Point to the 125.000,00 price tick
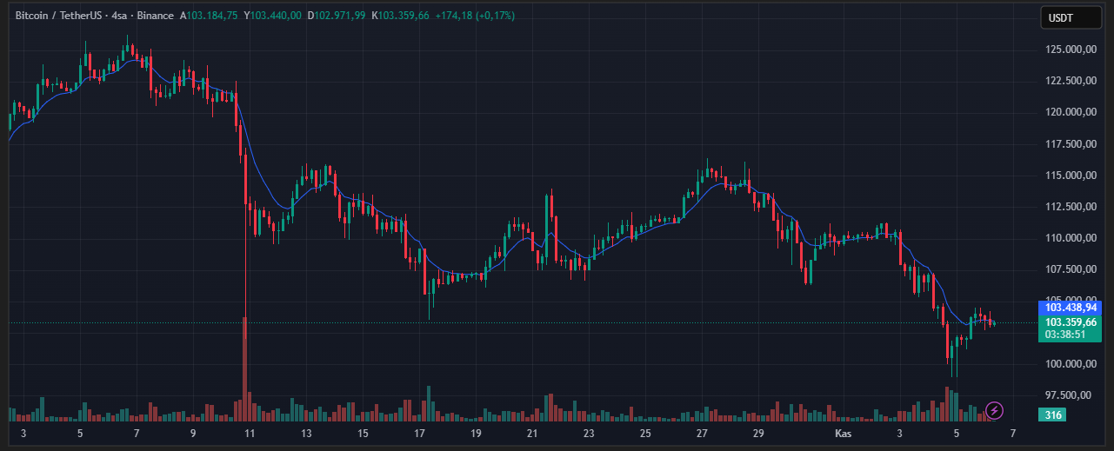(1070, 50)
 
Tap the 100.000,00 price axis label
(1070, 363)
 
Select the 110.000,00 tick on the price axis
(1070, 237)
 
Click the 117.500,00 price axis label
(1070, 143)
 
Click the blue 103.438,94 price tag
(1071, 307)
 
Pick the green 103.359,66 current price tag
(1071, 322)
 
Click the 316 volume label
(1053, 415)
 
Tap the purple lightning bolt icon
(995, 410)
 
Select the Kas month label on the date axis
(842, 433)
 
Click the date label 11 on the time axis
(250, 433)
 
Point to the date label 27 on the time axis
(702, 433)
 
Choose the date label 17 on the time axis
(419, 433)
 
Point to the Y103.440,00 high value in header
(273, 16)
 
